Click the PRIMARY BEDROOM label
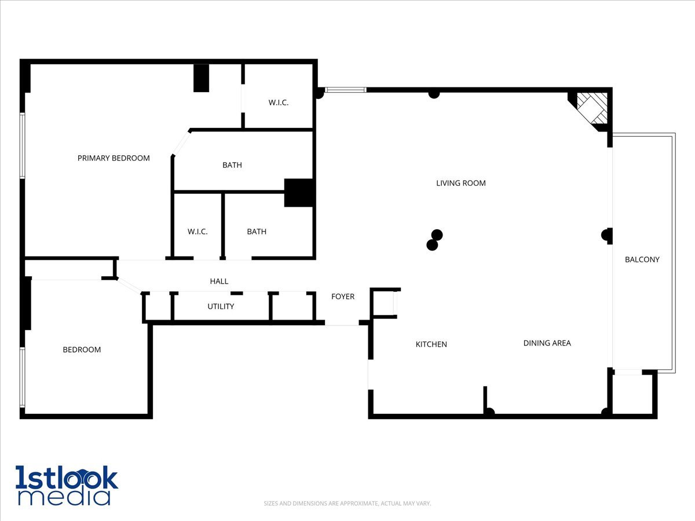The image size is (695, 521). pyautogui.click(x=114, y=158)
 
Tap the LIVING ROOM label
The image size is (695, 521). pyautogui.click(x=460, y=183)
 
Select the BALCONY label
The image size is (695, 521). pyautogui.click(x=642, y=259)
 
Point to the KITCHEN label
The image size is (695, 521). pyautogui.click(x=431, y=344)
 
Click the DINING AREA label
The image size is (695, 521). pyautogui.click(x=547, y=343)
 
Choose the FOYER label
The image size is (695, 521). pyautogui.click(x=342, y=296)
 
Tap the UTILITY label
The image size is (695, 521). pyautogui.click(x=221, y=306)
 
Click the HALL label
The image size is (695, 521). pyautogui.click(x=219, y=281)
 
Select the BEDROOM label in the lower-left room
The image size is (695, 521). pyautogui.click(x=82, y=350)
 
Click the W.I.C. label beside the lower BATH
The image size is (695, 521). pyautogui.click(x=197, y=232)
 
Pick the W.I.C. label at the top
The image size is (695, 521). pyautogui.click(x=278, y=103)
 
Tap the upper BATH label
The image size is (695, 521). pyautogui.click(x=232, y=165)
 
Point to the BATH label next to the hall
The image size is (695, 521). pyautogui.click(x=257, y=232)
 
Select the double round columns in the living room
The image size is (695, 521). pyautogui.click(x=434, y=240)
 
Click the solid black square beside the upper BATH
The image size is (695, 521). pyautogui.click(x=299, y=193)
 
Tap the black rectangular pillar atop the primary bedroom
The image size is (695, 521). pyautogui.click(x=201, y=78)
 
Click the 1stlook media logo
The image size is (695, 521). pyautogui.click(x=66, y=485)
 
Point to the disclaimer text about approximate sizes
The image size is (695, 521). pyautogui.click(x=348, y=504)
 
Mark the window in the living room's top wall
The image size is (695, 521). pyautogui.click(x=345, y=90)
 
